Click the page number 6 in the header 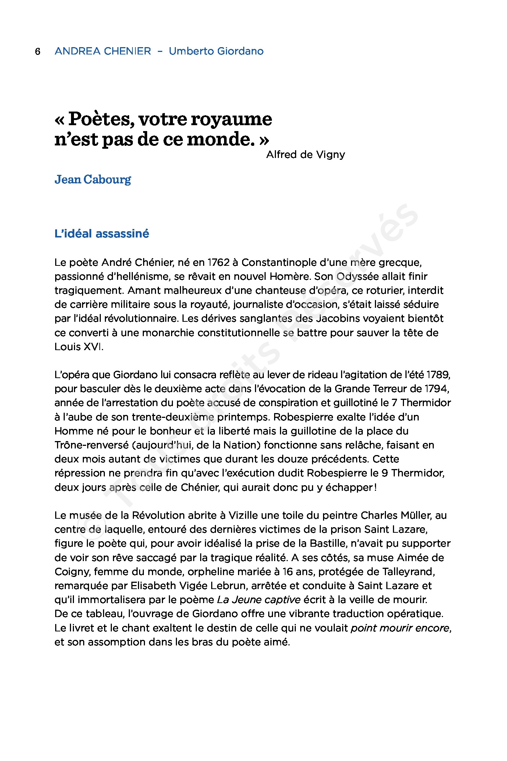pos(38,51)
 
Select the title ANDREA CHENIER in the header pos(103,51)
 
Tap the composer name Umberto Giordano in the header pos(216,51)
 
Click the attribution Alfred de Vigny pos(305,155)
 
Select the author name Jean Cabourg pos(93,180)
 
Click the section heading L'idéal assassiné pos(102,234)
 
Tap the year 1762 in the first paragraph pos(219,263)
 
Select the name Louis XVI pos(79,347)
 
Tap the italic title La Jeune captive pos(259,600)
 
